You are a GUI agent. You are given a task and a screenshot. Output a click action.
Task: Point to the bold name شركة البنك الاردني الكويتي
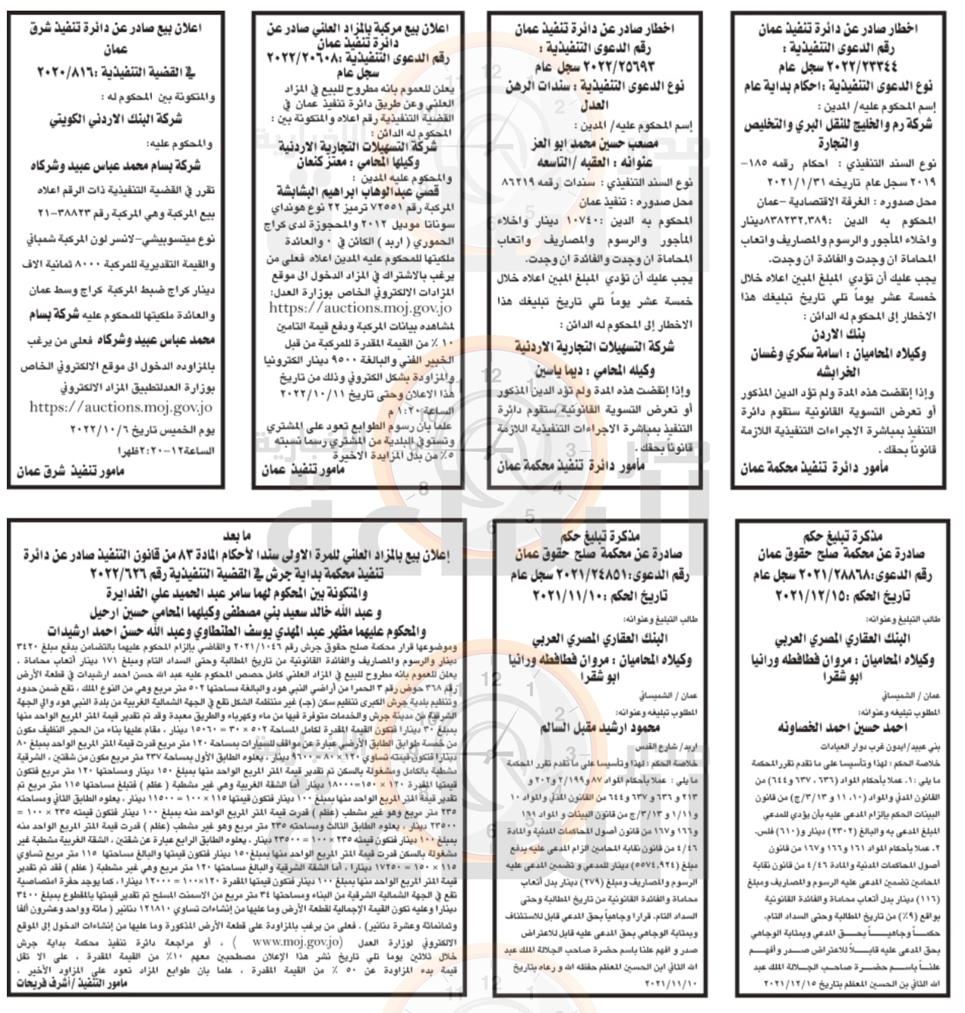point(115,120)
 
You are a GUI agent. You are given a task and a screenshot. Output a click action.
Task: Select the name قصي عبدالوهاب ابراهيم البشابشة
point(357,191)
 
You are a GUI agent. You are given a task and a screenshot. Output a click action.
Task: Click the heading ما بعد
point(248,536)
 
